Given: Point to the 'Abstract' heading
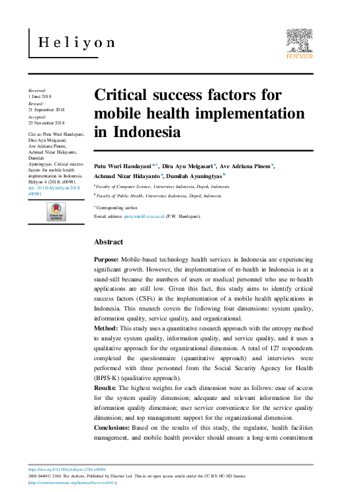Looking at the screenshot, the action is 109,242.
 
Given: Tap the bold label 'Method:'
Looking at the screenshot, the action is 107,328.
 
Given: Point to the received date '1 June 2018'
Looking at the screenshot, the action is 41,97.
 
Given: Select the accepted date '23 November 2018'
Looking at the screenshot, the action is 46,123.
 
